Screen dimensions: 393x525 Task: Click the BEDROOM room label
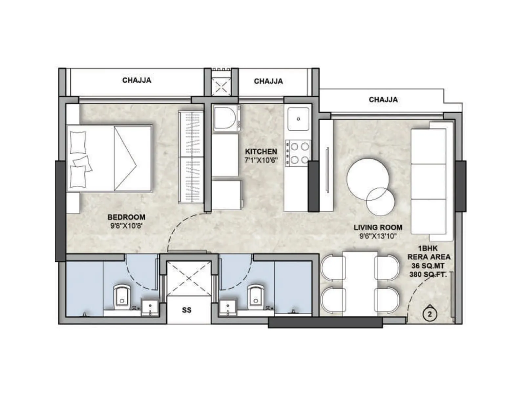pyautogui.click(x=126, y=217)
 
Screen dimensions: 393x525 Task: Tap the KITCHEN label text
pyautogui.click(x=261, y=151)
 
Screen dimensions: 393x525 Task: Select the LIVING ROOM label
pyautogui.click(x=378, y=227)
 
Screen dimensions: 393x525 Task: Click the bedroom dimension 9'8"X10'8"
pyautogui.click(x=126, y=225)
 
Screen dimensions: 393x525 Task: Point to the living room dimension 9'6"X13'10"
pyautogui.click(x=378, y=236)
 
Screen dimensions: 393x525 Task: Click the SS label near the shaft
pyautogui.click(x=187, y=310)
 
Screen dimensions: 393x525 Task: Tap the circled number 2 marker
pyautogui.click(x=430, y=314)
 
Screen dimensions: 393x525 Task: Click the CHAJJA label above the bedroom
pyautogui.click(x=136, y=80)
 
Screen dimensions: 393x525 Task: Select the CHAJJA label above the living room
pyautogui.click(x=383, y=100)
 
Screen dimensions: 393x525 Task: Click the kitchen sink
pyautogui.click(x=298, y=119)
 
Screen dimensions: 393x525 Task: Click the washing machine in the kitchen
pyautogui.click(x=226, y=119)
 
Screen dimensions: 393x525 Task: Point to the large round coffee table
pyautogui.click(x=368, y=179)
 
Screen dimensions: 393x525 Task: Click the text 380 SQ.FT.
pyautogui.click(x=428, y=274)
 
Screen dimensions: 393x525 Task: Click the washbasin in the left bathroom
pyautogui.click(x=150, y=307)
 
